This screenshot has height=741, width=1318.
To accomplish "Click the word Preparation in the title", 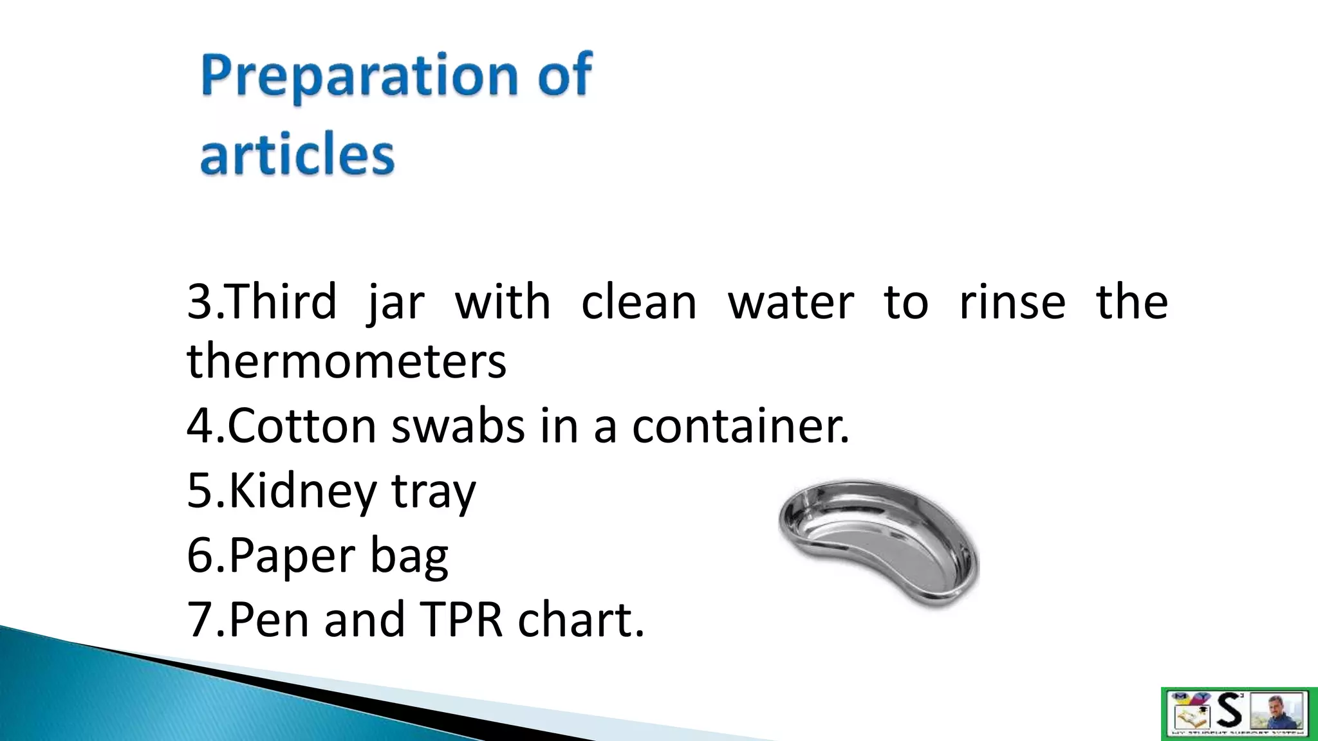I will [358, 76].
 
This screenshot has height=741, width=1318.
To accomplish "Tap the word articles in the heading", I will [297, 154].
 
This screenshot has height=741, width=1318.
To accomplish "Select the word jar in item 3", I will [396, 302].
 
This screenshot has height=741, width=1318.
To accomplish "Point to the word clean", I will [638, 302].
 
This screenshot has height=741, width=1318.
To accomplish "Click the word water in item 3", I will [791, 302].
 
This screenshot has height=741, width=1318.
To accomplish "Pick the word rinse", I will [1012, 302].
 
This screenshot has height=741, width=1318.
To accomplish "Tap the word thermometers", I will [347, 361].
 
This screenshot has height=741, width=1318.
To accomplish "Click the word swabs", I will [458, 426].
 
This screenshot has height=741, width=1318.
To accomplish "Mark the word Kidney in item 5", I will [302, 491].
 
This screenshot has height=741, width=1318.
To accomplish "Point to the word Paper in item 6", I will [291, 555].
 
